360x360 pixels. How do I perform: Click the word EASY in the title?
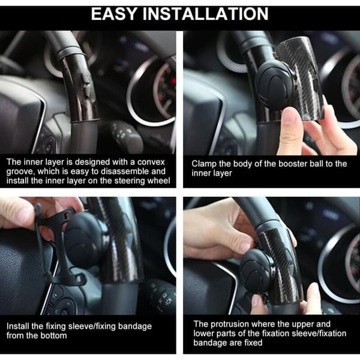[114, 14]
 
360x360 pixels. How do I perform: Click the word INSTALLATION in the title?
[206, 14]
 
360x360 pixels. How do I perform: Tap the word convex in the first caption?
[151, 162]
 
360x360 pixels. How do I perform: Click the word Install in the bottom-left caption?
[18, 326]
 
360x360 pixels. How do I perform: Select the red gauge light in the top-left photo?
[173, 81]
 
